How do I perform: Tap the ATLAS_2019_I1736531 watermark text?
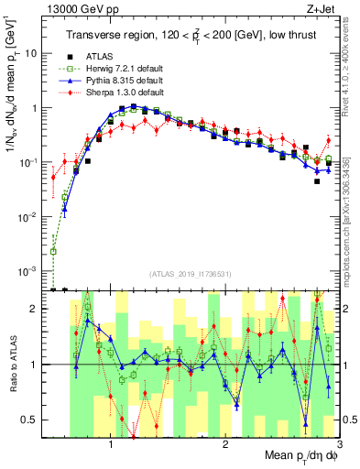click(190, 274)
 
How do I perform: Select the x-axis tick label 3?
click(339, 444)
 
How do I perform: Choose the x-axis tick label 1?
click(111, 444)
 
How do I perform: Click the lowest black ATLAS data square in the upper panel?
click(316, 181)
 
